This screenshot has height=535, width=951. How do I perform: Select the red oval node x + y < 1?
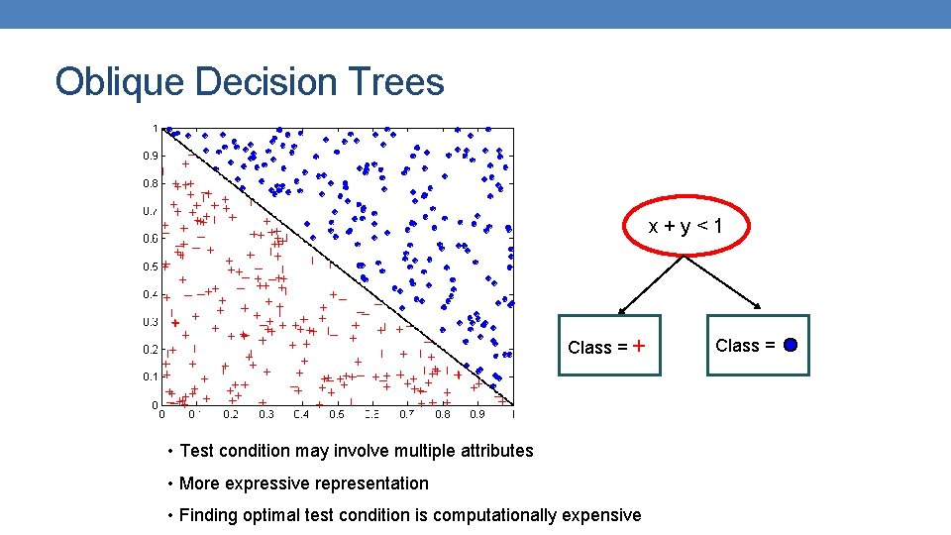[686, 227]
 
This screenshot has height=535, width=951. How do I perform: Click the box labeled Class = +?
[608, 346]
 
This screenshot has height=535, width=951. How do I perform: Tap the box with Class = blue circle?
[757, 346]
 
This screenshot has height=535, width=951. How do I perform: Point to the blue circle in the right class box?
[791, 346]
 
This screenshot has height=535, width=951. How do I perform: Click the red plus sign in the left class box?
[639, 346]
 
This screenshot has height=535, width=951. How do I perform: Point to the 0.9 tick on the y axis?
[149, 156]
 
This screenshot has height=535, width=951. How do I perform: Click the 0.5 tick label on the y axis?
[149, 267]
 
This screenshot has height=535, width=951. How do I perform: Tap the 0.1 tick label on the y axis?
[149, 377]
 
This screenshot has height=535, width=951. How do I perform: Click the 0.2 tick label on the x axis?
[230, 415]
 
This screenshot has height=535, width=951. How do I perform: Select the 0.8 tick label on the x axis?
[442, 415]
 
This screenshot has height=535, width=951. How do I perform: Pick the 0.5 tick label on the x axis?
[337, 415]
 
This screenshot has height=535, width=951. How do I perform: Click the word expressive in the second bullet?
[262, 483]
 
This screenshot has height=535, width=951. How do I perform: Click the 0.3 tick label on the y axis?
[149, 322]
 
